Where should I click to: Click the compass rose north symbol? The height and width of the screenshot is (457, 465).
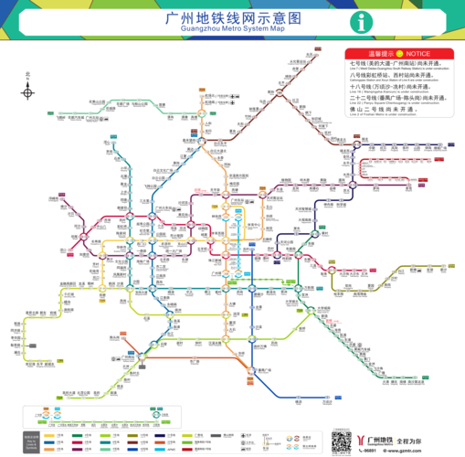(28, 91)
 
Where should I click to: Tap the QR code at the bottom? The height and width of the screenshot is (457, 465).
(342, 440)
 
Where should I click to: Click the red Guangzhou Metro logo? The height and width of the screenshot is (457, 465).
(366, 438)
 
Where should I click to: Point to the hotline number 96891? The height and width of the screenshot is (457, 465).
(369, 450)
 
